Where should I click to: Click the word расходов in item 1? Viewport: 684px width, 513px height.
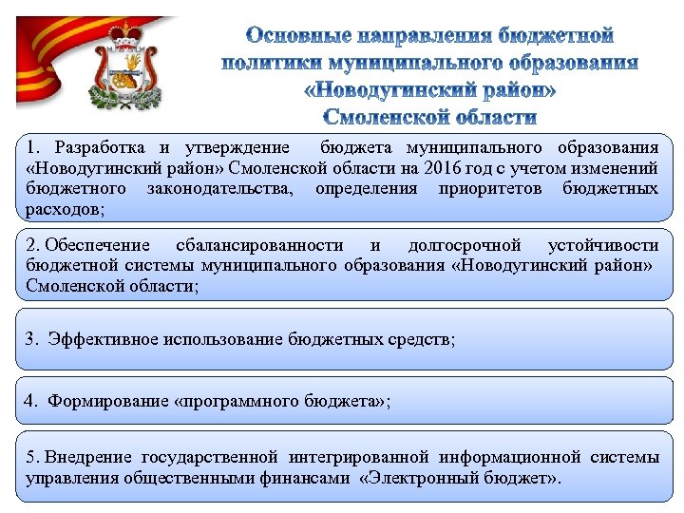(64, 208)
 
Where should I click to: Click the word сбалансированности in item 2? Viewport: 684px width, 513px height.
(264, 245)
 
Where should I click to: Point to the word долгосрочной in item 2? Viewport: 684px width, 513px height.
(465, 245)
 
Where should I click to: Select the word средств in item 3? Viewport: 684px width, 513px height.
(423, 338)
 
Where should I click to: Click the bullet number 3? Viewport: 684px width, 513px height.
(33, 338)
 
